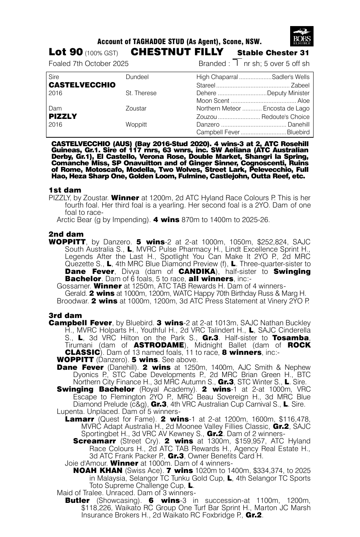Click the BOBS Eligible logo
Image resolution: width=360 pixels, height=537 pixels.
(x=302, y=36)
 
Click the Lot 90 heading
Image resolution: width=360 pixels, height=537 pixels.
(x=66, y=52)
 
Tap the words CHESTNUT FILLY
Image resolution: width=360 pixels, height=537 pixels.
(x=177, y=52)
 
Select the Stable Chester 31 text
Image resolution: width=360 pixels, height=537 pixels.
(x=273, y=53)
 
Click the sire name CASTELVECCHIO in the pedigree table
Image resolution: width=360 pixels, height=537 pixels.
(x=82, y=85)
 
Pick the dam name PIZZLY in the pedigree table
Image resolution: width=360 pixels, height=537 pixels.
(x=63, y=116)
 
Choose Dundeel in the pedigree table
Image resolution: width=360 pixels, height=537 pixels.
(x=137, y=77)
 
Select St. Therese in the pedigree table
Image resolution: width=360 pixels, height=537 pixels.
(x=141, y=93)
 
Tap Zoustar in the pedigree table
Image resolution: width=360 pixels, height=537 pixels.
(x=136, y=109)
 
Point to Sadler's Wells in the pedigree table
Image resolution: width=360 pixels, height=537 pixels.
(x=291, y=77)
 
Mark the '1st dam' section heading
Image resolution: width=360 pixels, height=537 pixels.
(x=65, y=190)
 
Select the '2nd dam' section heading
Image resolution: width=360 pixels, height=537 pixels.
(x=66, y=234)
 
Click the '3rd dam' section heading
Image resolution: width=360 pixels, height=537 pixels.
(x=65, y=315)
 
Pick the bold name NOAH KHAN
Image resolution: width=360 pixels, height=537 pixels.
(x=97, y=471)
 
